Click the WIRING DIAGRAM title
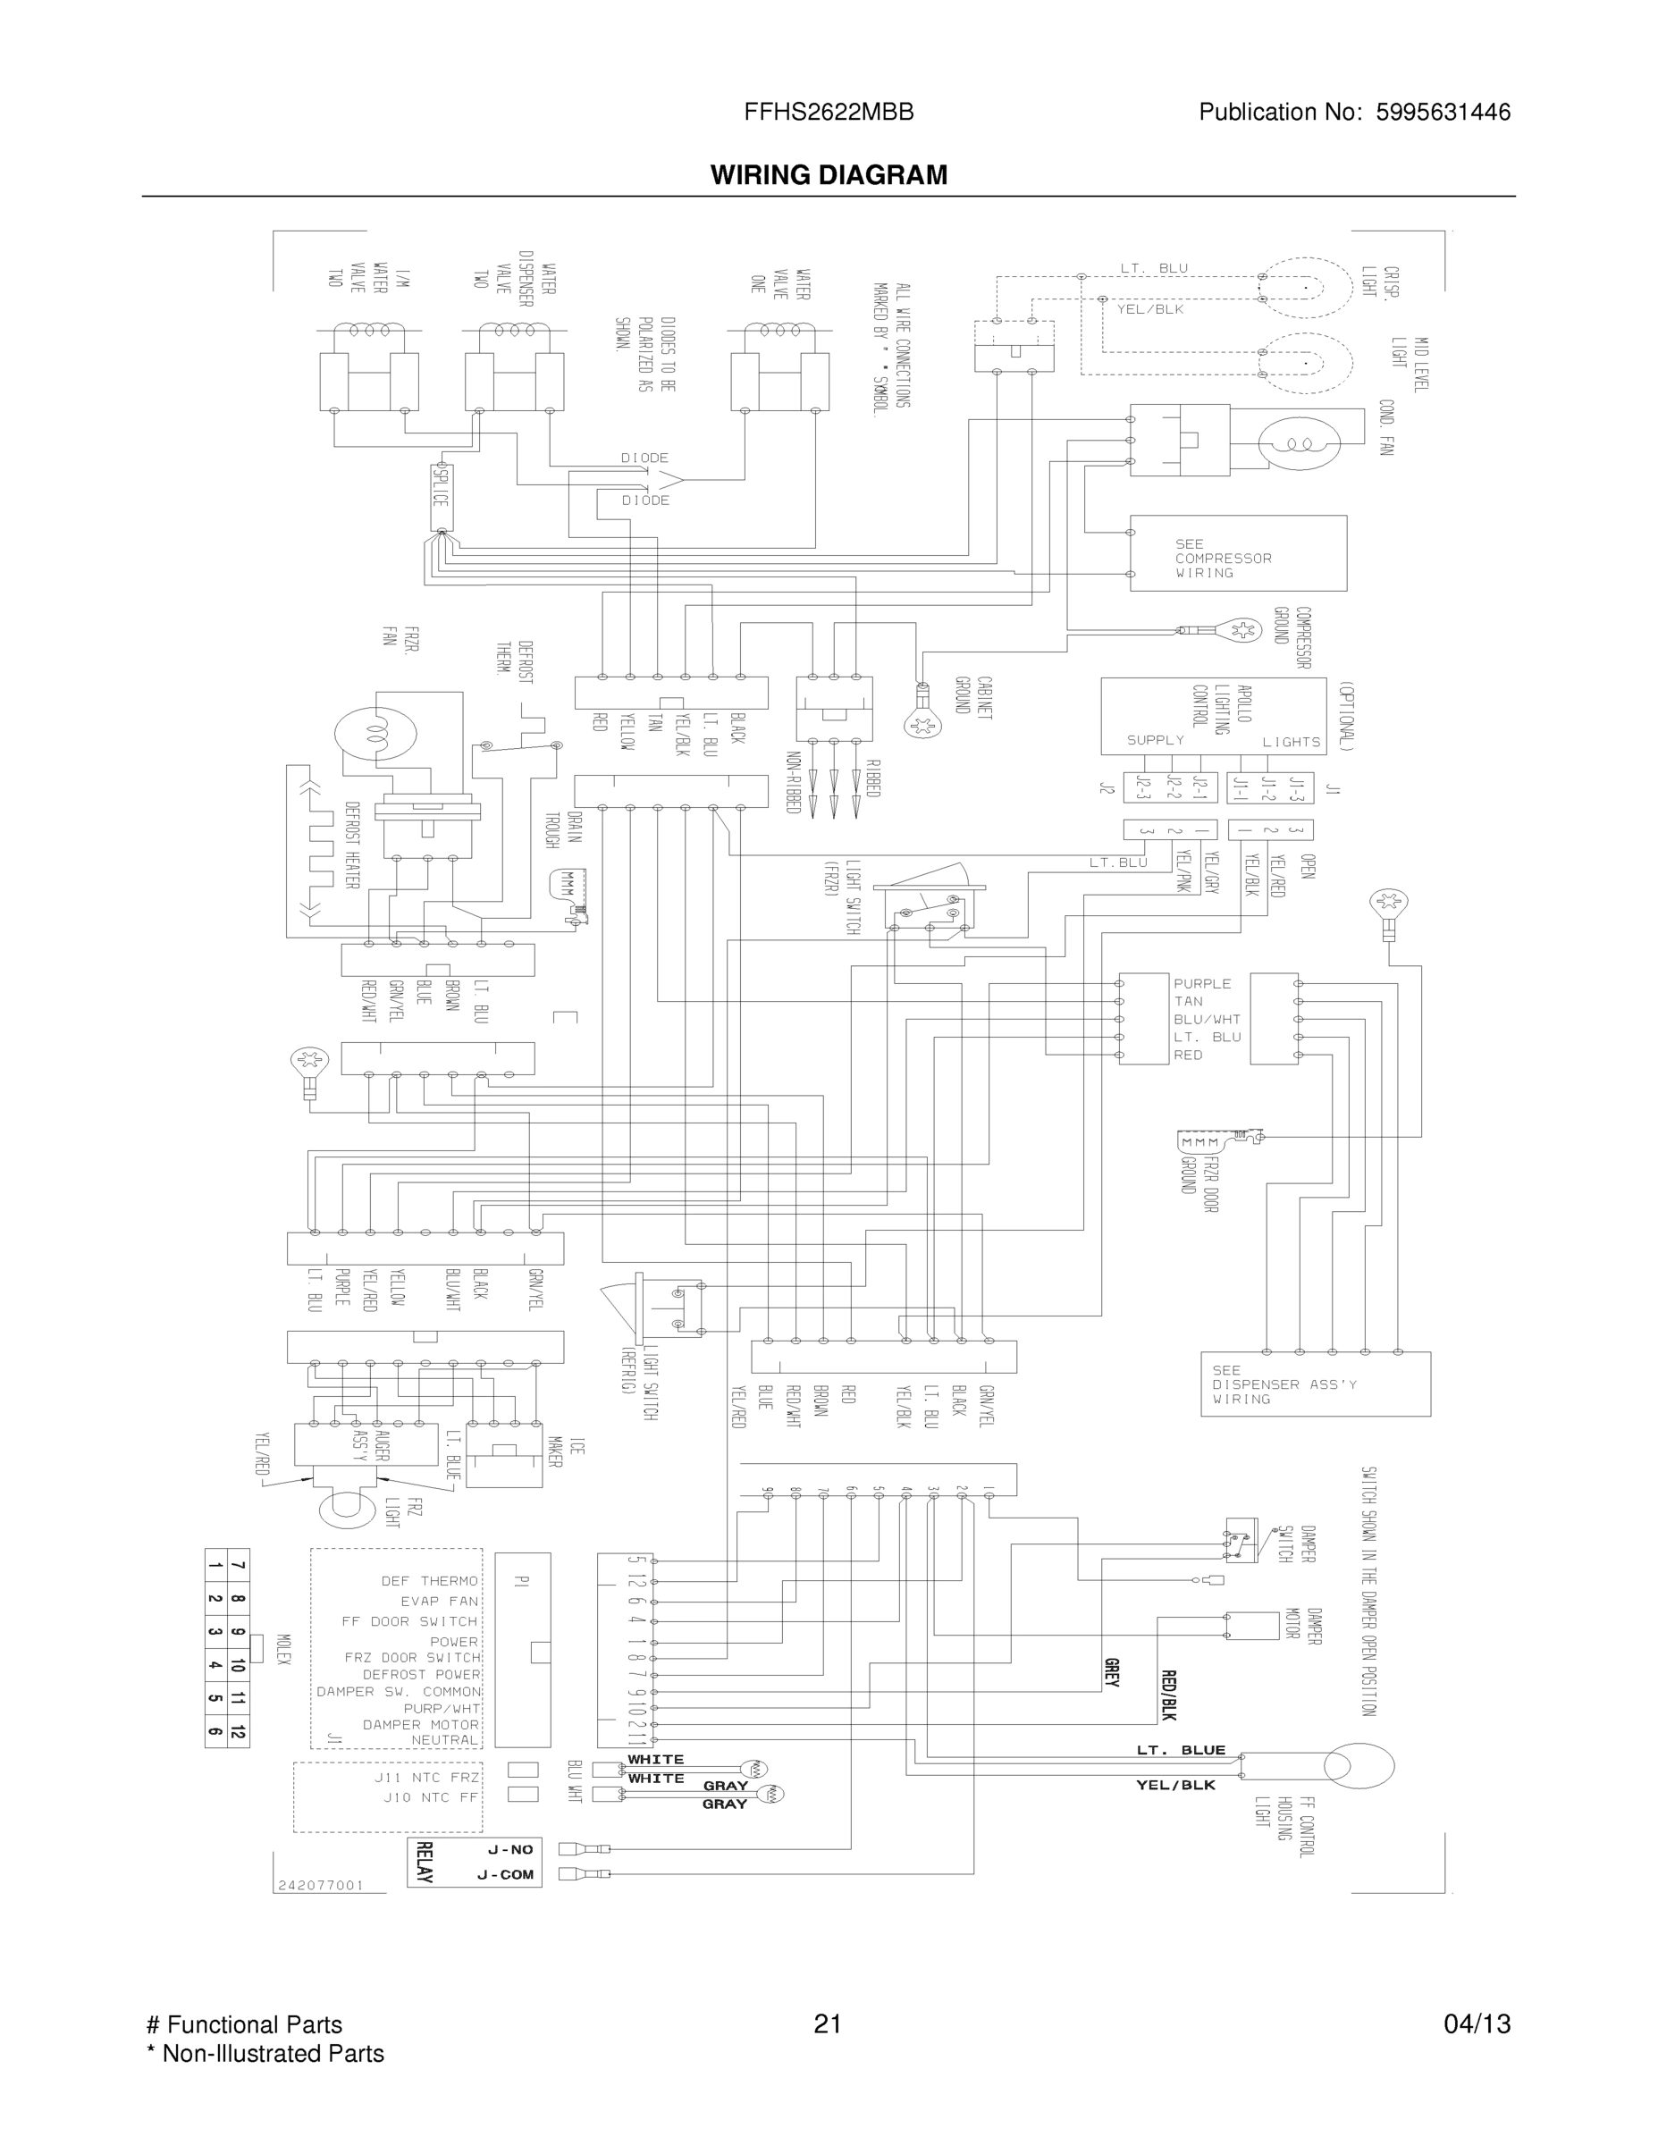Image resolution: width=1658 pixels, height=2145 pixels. click(x=829, y=175)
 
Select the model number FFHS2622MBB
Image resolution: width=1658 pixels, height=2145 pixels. click(x=829, y=112)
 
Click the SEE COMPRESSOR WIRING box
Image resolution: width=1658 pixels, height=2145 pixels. click(x=1238, y=554)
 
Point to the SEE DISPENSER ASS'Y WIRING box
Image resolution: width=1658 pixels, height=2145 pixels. click(x=1315, y=1384)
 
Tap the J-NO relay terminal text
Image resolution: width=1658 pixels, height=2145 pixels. click(x=509, y=1849)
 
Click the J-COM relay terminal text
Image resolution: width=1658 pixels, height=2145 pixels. click(x=506, y=1875)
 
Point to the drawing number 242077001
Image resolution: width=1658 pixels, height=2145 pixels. click(x=321, y=1885)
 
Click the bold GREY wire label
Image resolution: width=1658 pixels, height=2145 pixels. click(x=1112, y=1672)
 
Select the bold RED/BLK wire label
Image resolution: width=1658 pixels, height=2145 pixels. click(x=1168, y=1695)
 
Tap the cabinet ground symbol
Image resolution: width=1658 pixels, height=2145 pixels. click(x=922, y=723)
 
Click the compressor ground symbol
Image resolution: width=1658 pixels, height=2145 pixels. click(x=1240, y=629)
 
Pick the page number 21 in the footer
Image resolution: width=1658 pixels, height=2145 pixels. click(x=828, y=2024)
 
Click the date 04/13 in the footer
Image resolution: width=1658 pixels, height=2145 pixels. click(x=1477, y=2024)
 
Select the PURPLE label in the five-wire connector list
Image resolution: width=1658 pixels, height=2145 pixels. click(x=1202, y=983)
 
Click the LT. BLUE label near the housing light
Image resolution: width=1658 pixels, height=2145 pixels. click(x=1182, y=1750)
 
